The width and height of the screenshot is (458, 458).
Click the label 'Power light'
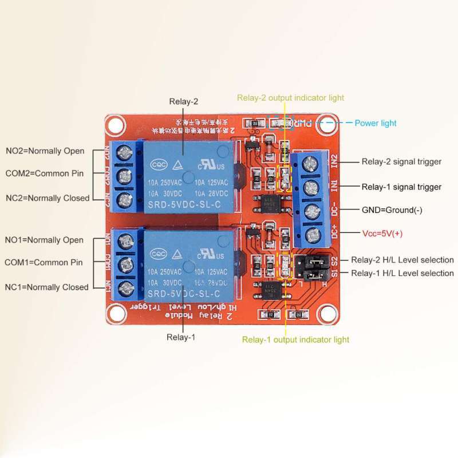point(375,123)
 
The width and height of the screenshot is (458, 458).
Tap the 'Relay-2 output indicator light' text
point(290,98)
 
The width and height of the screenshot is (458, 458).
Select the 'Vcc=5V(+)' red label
point(383,234)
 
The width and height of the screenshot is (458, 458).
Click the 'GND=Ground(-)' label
point(392,210)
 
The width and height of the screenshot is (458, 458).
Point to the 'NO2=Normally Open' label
point(45,151)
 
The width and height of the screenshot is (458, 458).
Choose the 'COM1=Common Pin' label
point(44,262)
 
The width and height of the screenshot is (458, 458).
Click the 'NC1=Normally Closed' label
point(47,287)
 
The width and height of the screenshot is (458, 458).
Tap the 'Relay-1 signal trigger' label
point(401,187)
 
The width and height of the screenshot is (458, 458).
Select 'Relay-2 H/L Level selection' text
point(402,260)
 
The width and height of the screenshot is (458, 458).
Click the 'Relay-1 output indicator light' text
point(295,339)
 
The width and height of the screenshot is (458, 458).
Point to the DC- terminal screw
point(311,211)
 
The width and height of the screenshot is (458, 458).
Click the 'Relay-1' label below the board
point(181,337)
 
